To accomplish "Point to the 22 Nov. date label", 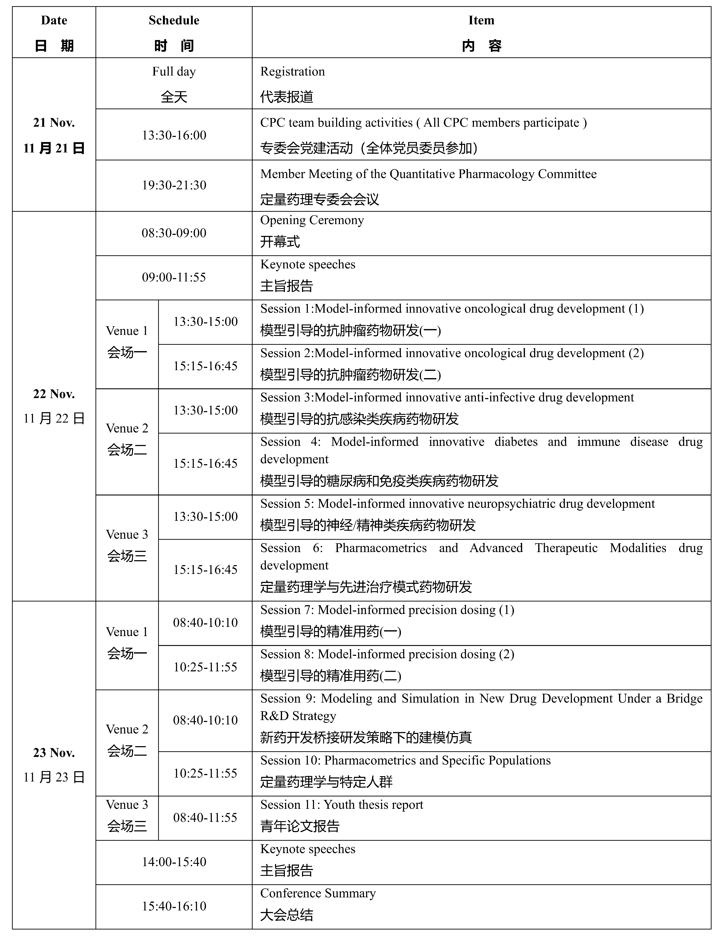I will coord(54,394).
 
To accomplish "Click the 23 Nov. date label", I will coord(54,753).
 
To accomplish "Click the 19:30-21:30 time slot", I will coord(174,185).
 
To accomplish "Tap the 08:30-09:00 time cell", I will coord(174,233).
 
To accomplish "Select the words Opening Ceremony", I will coord(312,220).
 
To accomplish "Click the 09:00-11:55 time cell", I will coord(174,277).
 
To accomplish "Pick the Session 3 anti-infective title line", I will coord(447,398).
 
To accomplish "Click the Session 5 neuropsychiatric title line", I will coord(458,504).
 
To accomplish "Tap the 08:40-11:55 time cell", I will coord(205,818).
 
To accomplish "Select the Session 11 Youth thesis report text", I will coord(342,805).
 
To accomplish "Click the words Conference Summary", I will coord(318,893).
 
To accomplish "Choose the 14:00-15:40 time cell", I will coord(174,862).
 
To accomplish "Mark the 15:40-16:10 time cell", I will coord(174,906).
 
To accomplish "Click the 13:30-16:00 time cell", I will coord(174,135).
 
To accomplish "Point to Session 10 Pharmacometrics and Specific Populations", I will coord(405,760).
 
